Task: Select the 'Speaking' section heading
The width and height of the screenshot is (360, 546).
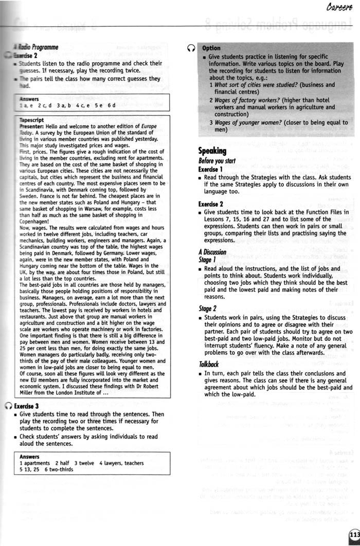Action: (x=212, y=151)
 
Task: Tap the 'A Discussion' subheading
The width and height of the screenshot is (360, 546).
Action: (x=212, y=252)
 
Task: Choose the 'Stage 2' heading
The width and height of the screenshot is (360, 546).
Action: (x=208, y=308)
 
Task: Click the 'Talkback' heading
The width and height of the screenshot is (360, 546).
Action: (x=209, y=364)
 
